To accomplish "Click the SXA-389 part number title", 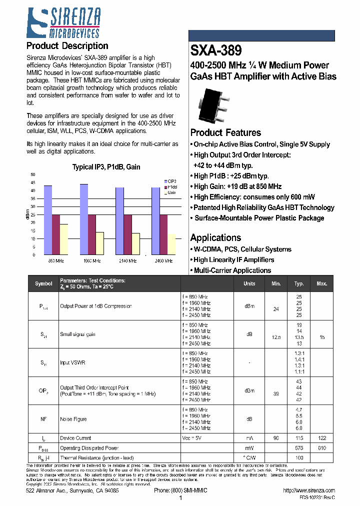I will (216, 51).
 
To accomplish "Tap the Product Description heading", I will (67, 46).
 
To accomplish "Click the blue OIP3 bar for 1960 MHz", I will (84, 219).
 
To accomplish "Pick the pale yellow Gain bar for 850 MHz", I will (64, 239).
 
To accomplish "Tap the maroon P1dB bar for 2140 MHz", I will (127, 234).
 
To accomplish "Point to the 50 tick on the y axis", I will (33, 174).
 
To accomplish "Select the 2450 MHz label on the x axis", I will (163, 261).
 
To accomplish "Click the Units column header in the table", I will (249, 283).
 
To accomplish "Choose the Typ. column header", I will (299, 283).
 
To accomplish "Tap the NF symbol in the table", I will (43, 419).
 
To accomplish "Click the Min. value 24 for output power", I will (275, 309).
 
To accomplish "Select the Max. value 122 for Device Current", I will (321, 438).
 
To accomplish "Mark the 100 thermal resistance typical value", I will (299, 457).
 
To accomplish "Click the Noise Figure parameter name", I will (73, 419).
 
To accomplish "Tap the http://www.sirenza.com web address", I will (308, 491).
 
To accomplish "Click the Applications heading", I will (216, 238).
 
